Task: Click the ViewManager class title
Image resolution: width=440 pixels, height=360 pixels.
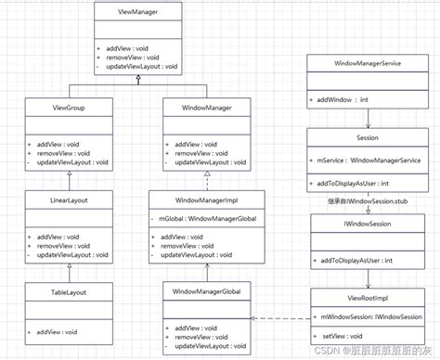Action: [137, 11]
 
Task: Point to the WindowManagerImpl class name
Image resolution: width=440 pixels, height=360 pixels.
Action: [206, 199]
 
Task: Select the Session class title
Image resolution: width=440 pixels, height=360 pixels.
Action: [368, 136]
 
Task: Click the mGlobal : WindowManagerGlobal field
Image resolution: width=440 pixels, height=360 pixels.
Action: [206, 218]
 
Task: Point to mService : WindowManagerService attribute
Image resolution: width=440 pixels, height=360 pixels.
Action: [369, 159]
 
